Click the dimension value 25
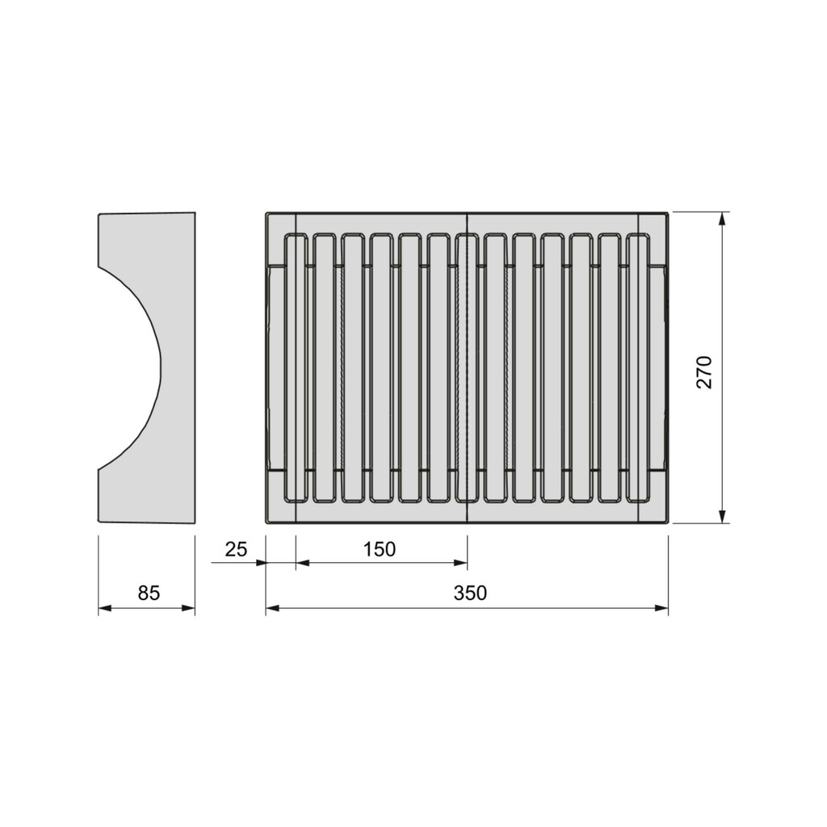click(235, 549)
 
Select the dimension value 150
click(380, 549)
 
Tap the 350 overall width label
click(469, 594)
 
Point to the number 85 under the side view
click(149, 594)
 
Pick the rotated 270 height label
click(704, 372)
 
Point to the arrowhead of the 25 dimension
click(260, 563)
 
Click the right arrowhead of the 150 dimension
click(462, 563)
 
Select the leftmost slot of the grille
click(296, 368)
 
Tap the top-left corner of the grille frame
click(267, 214)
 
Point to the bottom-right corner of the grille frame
click(667, 522)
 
